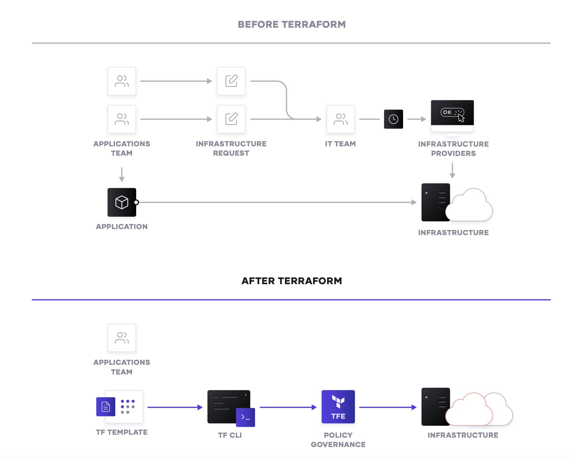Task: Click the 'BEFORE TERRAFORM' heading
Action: pos(291,24)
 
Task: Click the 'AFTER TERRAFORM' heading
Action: pos(291,281)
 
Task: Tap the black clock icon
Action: pos(393,119)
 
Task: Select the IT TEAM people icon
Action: pos(340,119)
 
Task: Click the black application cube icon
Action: pos(122,202)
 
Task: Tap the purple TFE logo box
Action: pos(338,407)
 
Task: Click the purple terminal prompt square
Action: pos(245,417)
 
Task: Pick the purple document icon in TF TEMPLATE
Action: pos(105,407)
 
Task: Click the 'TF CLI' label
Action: pos(230,435)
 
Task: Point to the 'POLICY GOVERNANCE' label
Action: pos(338,440)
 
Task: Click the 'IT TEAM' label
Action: pos(340,144)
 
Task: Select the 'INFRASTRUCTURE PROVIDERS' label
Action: pos(453,149)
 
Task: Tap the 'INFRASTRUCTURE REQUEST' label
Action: pos(231,148)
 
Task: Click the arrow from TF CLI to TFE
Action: pos(288,407)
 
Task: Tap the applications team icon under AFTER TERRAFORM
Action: pos(122,338)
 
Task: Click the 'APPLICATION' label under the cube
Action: pos(122,227)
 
